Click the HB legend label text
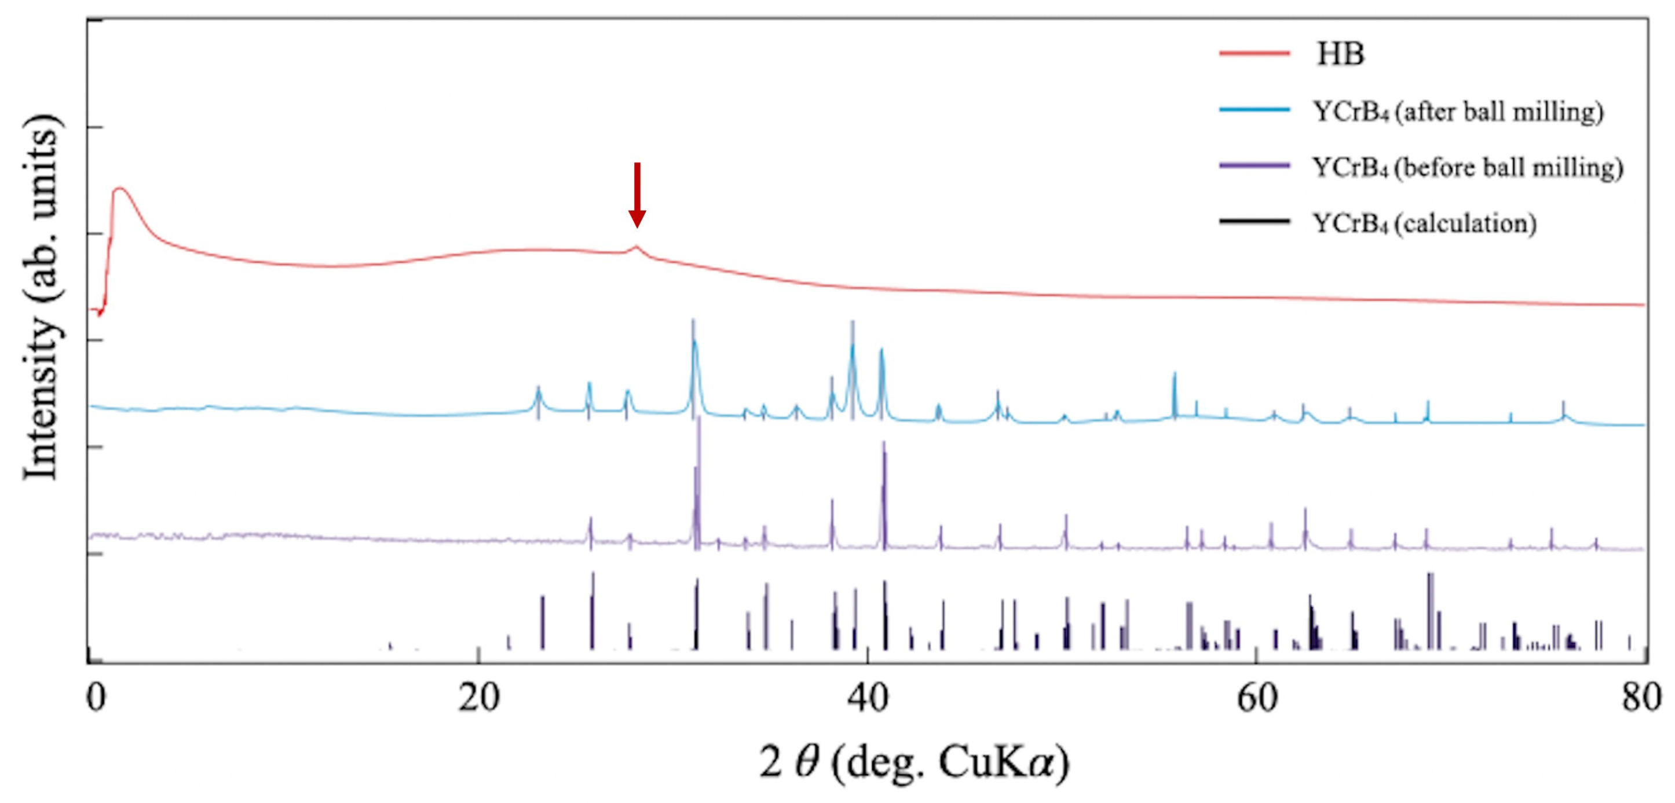point(1340,54)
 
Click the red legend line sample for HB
point(1255,53)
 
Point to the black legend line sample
point(1255,222)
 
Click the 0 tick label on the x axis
point(96,699)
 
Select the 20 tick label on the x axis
point(478,699)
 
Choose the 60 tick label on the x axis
point(1257,699)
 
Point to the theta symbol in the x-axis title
point(807,762)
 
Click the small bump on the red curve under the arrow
point(637,247)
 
